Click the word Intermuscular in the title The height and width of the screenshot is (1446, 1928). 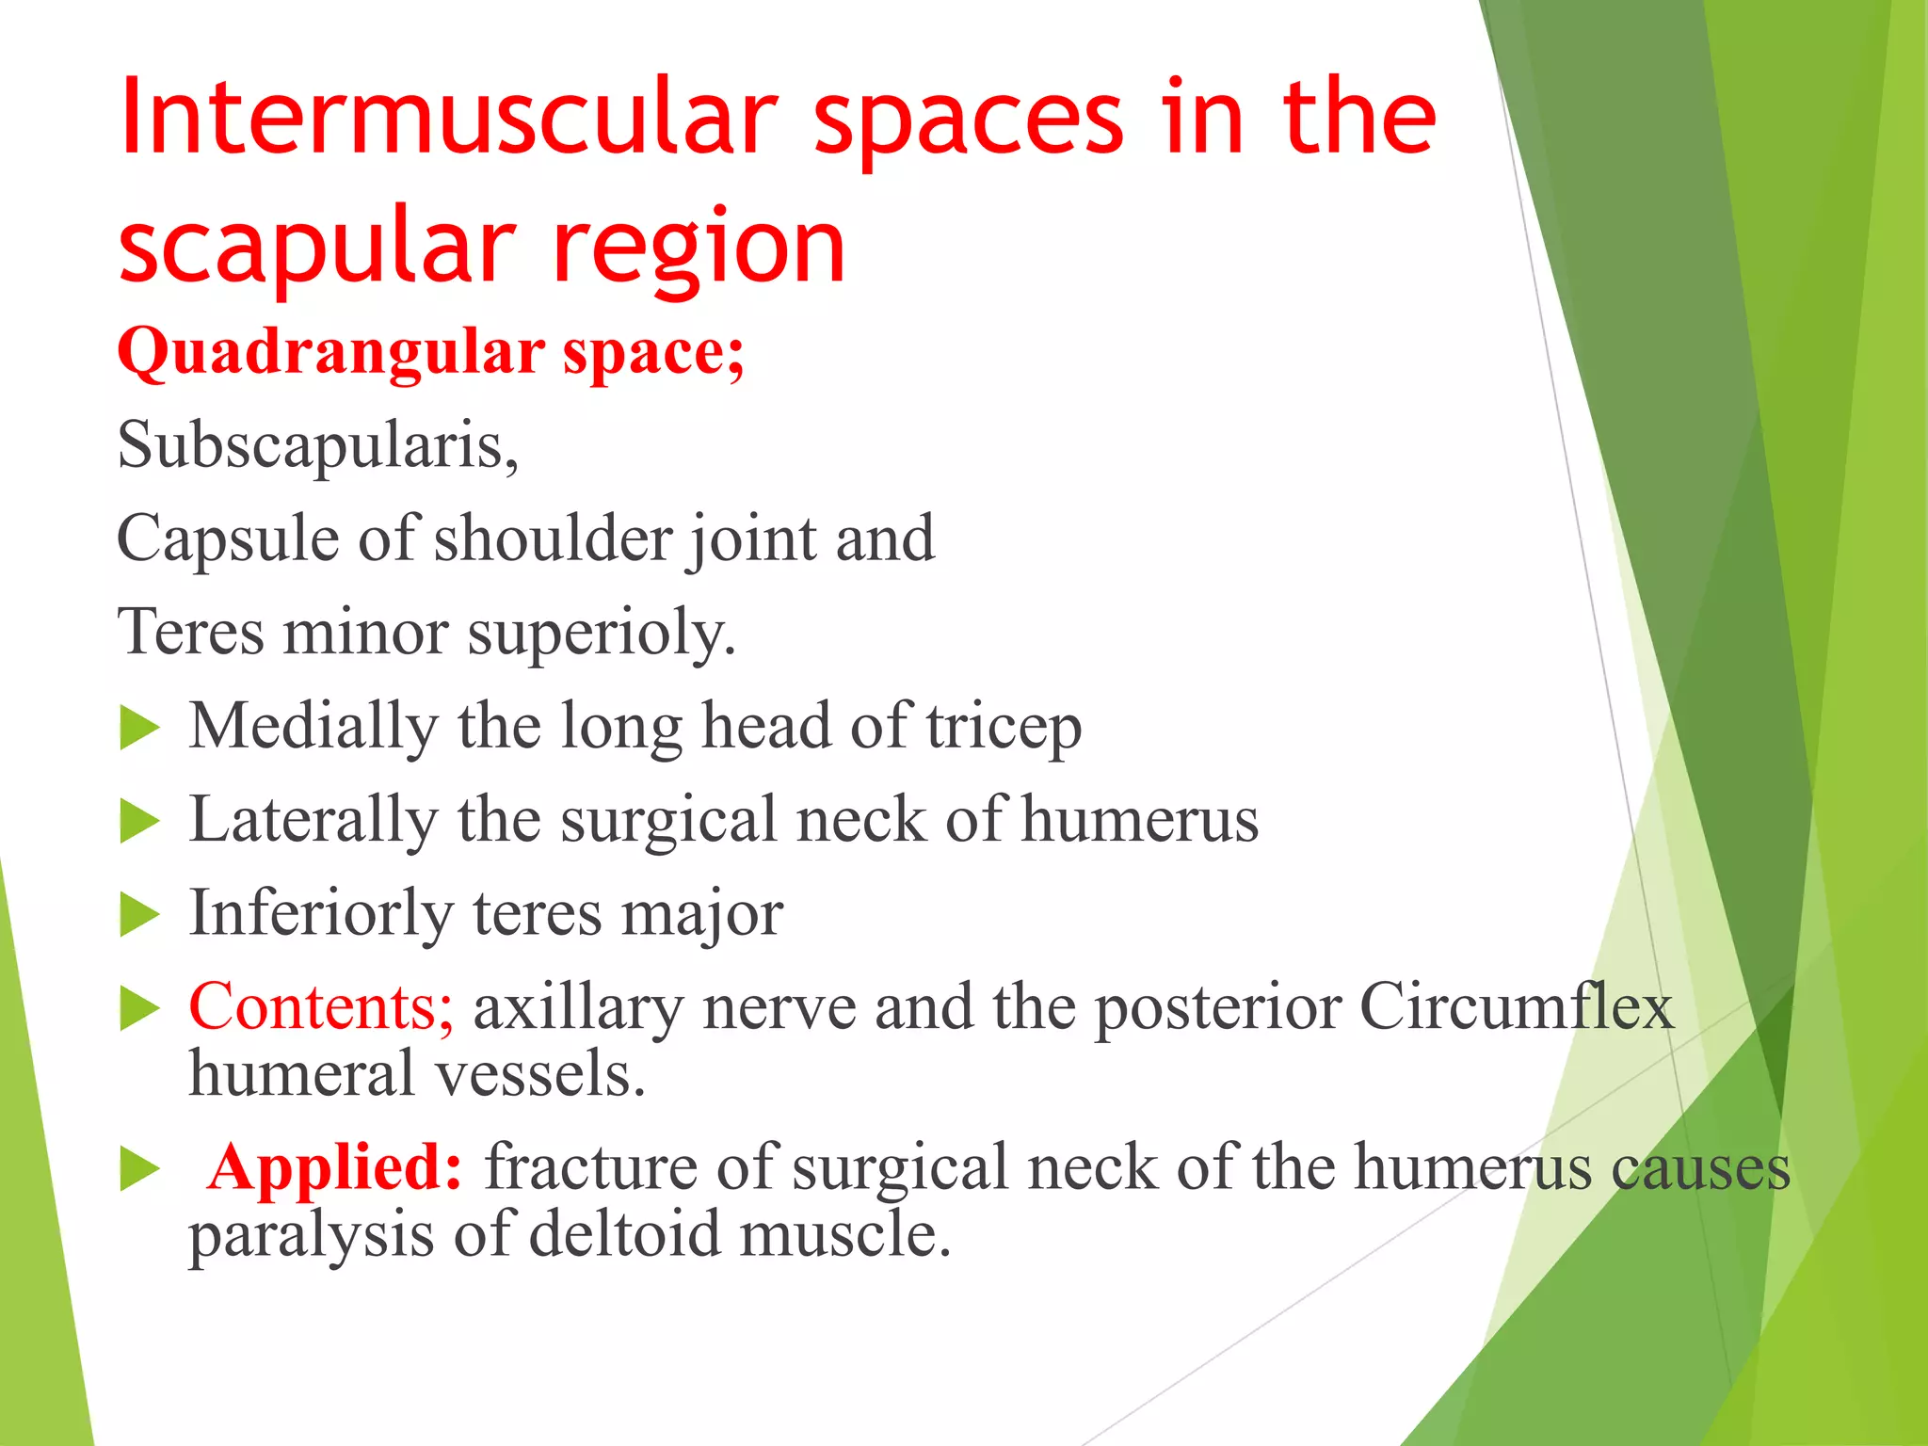(448, 119)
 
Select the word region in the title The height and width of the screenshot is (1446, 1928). (699, 247)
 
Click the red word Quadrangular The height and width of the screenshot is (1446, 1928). (330, 352)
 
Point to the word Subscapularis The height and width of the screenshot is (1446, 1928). (317, 444)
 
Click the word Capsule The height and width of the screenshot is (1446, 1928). (227, 538)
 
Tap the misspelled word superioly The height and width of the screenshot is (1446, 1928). (602, 633)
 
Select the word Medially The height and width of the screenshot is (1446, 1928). (313, 727)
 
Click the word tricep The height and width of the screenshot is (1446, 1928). (1004, 727)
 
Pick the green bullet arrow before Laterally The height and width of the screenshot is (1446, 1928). (139, 821)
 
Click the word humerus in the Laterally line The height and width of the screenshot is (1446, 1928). (1139, 819)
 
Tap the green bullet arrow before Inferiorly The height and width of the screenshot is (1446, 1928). (139, 914)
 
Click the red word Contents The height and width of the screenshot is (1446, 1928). (321, 1006)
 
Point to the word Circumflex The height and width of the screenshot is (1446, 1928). (1516, 1006)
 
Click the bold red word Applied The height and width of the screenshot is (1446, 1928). (334, 1167)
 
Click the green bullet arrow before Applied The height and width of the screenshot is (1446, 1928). (139, 1169)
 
